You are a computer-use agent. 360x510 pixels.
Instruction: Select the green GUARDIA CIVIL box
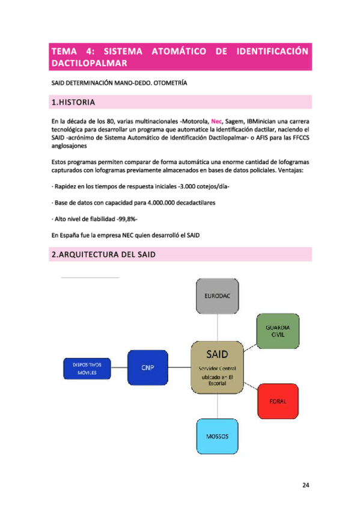point(278,331)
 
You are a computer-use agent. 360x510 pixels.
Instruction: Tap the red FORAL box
point(278,401)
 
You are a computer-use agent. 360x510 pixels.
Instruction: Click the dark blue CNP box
point(148,368)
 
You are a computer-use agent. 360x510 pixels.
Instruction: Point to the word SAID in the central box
point(217,353)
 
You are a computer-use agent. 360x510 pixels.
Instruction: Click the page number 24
point(306,485)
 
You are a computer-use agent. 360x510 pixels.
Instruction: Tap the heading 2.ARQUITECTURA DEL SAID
point(103,255)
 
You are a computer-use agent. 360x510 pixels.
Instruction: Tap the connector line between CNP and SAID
point(179,367)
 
